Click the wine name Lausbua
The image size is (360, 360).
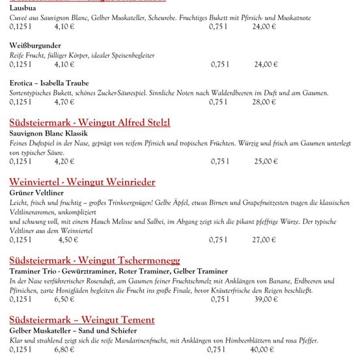[x=23, y=8]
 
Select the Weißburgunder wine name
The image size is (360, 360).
[x=36, y=46]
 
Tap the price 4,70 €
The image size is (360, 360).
[x=64, y=102]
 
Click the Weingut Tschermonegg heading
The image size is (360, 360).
[x=94, y=260]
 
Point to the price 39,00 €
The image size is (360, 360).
[x=266, y=299]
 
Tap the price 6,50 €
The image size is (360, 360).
[x=64, y=299]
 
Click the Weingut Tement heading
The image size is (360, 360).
[x=82, y=320]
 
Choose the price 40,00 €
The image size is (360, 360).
[x=264, y=350]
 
